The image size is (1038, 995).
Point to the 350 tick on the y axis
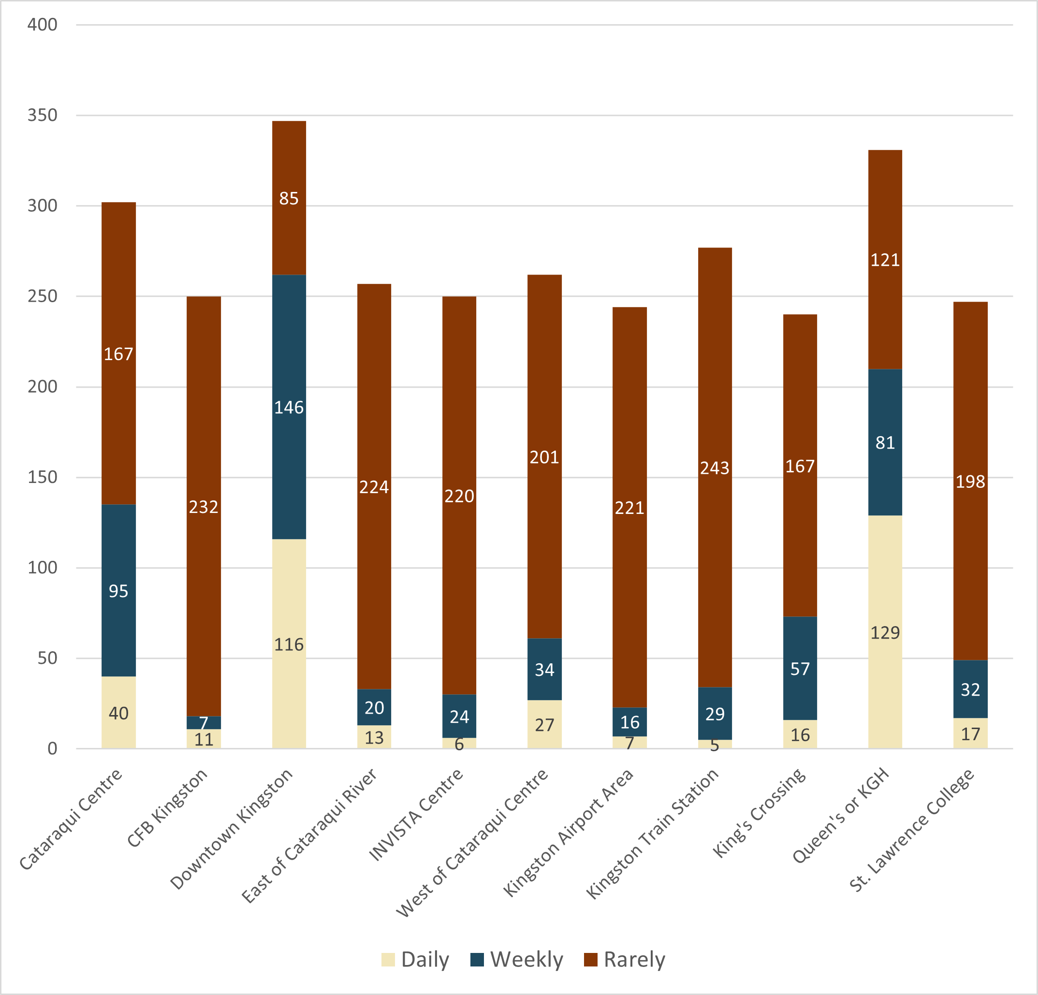pyautogui.click(x=43, y=115)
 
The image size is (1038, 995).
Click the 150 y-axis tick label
pyautogui.click(x=43, y=477)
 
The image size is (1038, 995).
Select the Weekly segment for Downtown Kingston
pyautogui.click(x=289, y=407)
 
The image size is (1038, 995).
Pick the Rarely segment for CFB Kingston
pyautogui.click(x=204, y=506)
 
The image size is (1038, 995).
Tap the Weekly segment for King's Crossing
pyautogui.click(x=800, y=668)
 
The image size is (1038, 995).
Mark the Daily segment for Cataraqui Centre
pyautogui.click(x=118, y=713)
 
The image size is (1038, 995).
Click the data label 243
pyautogui.click(x=715, y=468)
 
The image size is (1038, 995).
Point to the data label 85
pyautogui.click(x=289, y=199)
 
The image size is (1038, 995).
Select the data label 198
pyautogui.click(x=970, y=482)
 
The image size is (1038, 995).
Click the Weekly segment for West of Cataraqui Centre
pyautogui.click(x=544, y=669)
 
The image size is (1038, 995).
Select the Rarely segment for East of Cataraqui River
pyautogui.click(x=374, y=487)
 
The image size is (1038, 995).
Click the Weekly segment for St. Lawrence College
pyautogui.click(x=970, y=689)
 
